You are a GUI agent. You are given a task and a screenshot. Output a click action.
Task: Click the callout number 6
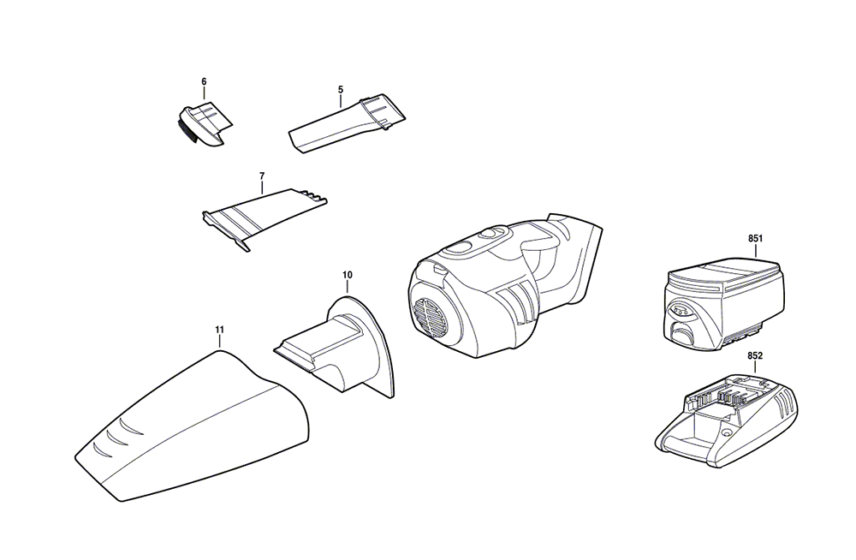point(204,81)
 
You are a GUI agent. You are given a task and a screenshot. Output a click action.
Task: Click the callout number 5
point(341,89)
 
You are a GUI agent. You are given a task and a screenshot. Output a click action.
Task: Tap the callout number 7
point(262,176)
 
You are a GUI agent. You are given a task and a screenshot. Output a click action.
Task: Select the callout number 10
point(348,275)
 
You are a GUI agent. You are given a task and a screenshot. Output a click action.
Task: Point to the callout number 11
point(219,330)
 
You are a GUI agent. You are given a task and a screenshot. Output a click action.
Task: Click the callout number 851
point(756,239)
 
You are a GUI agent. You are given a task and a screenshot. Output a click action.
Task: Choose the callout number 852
point(755,355)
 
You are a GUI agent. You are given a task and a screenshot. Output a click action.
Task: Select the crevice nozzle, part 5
point(346,124)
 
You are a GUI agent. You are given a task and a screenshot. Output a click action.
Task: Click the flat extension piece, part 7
point(265,217)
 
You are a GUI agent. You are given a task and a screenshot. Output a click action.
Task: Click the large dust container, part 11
point(192,426)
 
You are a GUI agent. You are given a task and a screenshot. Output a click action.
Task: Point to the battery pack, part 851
point(724,302)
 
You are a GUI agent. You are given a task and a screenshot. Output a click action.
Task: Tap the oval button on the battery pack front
point(681,312)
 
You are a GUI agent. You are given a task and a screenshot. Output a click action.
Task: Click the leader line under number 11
point(219,342)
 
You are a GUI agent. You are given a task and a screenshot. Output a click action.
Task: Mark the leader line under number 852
point(756,367)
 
